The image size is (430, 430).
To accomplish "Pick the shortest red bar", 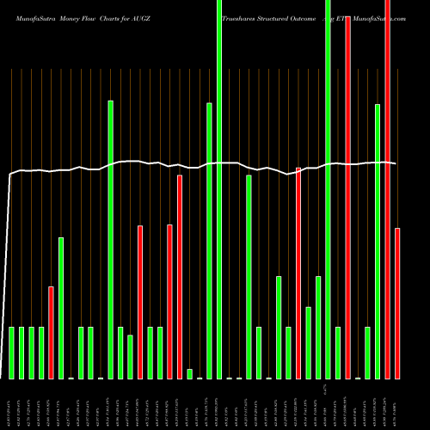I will [52, 332].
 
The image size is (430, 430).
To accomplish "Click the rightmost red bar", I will [397, 303].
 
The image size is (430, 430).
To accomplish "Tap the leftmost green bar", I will [12, 353].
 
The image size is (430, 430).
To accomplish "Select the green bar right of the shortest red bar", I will [61, 308].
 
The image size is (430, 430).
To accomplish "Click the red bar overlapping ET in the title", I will [347, 198].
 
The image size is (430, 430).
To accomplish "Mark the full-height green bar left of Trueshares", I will [219, 189].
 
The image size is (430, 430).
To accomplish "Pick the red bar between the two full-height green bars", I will [298, 273].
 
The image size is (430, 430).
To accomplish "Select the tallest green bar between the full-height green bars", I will [249, 276].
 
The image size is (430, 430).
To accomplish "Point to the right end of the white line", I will [396, 163].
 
